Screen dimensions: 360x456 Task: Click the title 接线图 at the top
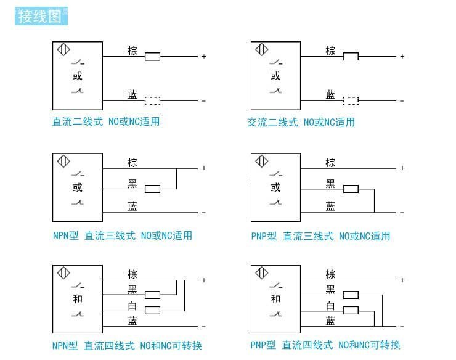tap(40, 16)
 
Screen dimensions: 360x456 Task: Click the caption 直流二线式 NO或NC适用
tap(106, 121)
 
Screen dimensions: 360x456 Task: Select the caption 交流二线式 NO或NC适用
tap(301, 122)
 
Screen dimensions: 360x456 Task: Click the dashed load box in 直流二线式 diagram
tap(152, 100)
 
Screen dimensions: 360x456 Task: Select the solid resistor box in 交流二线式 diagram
tap(351, 57)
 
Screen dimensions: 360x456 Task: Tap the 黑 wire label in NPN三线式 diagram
tap(132, 184)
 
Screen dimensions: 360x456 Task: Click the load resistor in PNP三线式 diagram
tap(351, 189)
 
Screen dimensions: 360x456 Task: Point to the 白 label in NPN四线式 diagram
tap(132, 306)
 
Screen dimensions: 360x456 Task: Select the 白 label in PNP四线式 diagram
tap(330, 306)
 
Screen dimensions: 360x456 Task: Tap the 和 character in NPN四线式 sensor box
tap(78, 299)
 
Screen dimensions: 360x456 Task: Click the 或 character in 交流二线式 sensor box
tap(275, 76)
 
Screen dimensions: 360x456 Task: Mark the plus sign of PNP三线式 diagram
tap(402, 168)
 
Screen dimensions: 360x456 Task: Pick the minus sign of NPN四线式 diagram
tap(203, 327)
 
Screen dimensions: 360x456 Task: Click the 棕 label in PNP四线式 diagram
tap(330, 274)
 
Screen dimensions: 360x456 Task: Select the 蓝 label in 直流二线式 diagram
tap(132, 94)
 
